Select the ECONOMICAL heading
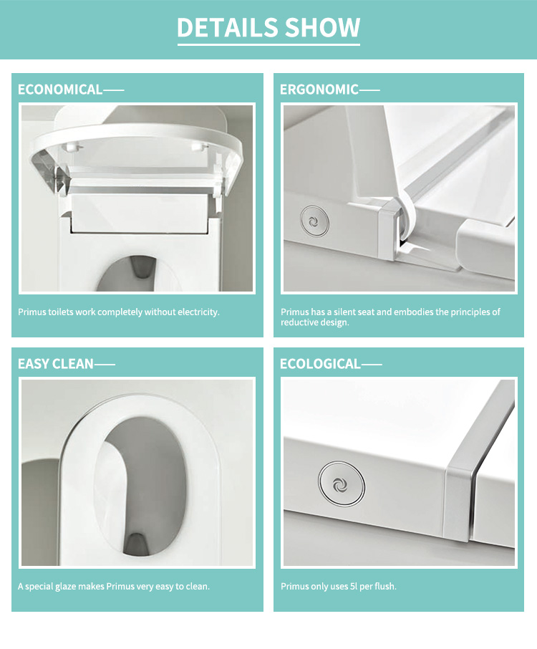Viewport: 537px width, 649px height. pyautogui.click(x=60, y=90)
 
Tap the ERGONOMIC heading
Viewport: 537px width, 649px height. pyautogui.click(x=319, y=90)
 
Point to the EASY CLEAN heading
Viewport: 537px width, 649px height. pyautogui.click(x=56, y=364)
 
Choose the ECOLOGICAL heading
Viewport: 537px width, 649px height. pyautogui.click(x=320, y=364)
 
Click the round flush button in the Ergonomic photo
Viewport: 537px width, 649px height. pyautogui.click(x=313, y=221)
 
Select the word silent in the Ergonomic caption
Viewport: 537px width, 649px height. pyautogui.click(x=352, y=312)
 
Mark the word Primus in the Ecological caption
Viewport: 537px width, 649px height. pyautogui.click(x=295, y=587)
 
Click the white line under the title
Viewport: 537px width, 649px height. pyautogui.click(x=268, y=45)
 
